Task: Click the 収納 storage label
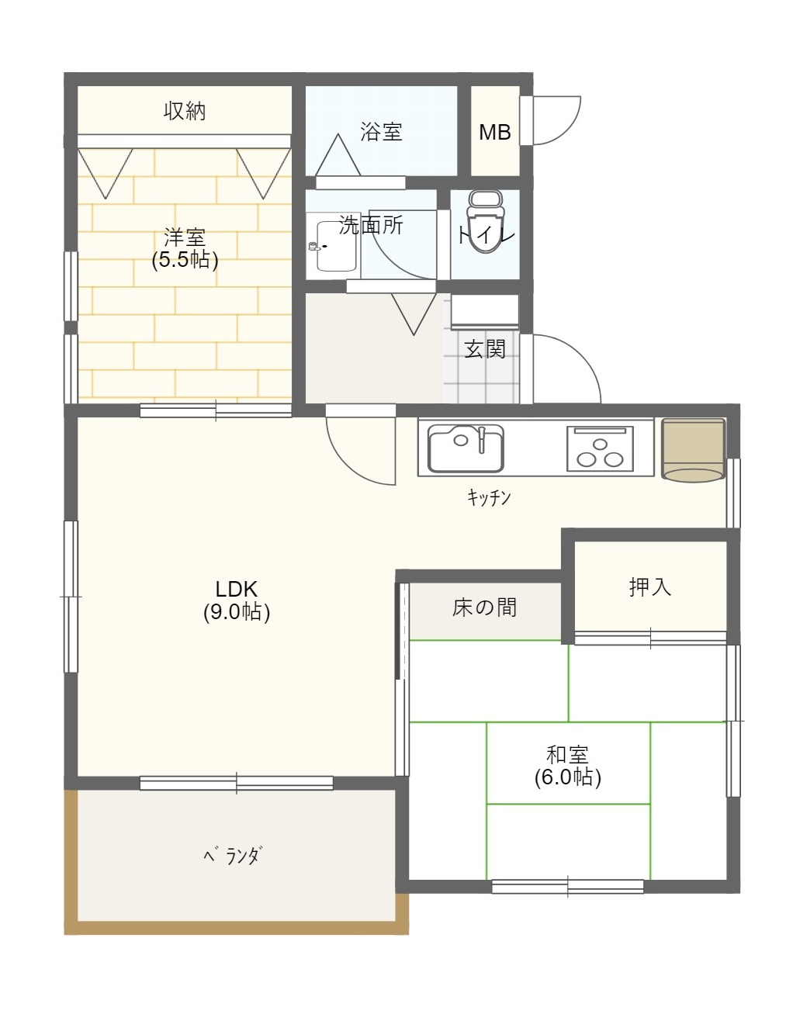(x=185, y=111)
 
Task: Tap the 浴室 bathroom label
(x=381, y=132)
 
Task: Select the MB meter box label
(x=495, y=132)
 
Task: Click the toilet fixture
(x=486, y=221)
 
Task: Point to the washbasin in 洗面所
(x=335, y=246)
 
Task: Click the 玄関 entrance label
(x=485, y=349)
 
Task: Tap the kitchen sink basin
(x=466, y=448)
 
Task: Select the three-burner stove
(x=600, y=448)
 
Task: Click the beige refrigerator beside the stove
(x=693, y=450)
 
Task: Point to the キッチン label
(x=489, y=497)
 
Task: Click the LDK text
(x=237, y=588)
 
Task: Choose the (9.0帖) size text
(x=237, y=612)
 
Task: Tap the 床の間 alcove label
(x=484, y=607)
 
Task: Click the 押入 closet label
(x=650, y=587)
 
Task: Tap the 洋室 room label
(x=185, y=237)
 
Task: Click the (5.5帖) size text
(x=185, y=260)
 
